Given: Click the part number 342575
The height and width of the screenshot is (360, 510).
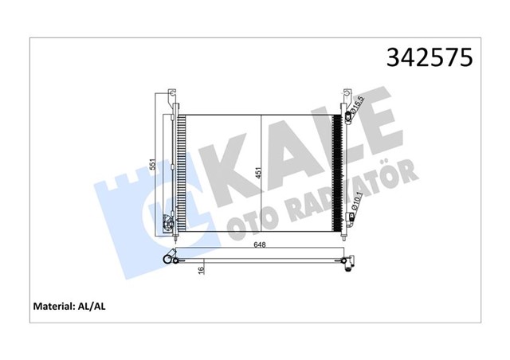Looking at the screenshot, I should (430, 57).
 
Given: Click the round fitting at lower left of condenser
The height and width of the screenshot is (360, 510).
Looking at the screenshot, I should (168, 229).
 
